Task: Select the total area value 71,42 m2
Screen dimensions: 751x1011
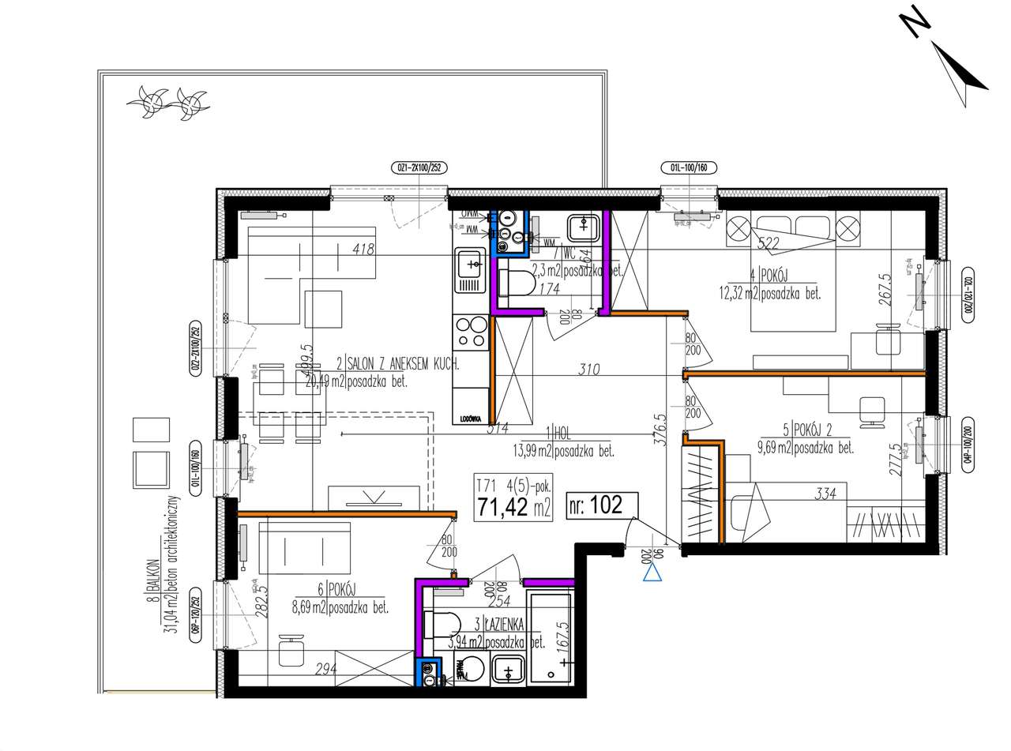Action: pyautogui.click(x=513, y=506)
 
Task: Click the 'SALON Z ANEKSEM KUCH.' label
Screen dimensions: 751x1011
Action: pyautogui.click(x=403, y=365)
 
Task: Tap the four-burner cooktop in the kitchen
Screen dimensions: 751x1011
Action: pyautogui.click(x=471, y=332)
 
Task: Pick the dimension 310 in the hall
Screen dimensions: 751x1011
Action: pyautogui.click(x=588, y=369)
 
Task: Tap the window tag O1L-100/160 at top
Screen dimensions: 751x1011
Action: pyautogui.click(x=689, y=167)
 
